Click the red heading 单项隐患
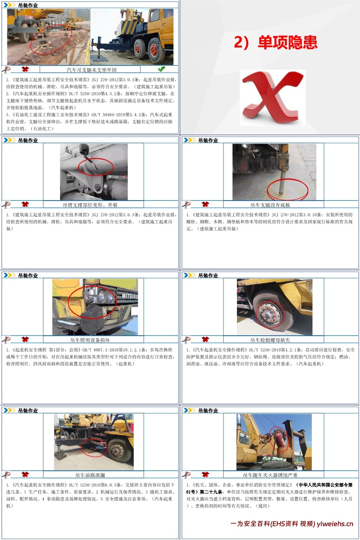point(288,43)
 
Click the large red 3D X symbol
point(273,97)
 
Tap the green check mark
point(161,69)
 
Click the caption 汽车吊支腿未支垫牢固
point(91,70)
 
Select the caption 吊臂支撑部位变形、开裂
point(90,205)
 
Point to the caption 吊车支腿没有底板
point(270,205)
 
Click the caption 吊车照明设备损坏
point(90,340)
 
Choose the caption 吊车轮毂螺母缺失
point(270,340)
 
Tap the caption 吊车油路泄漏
point(90,475)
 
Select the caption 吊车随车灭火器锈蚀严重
point(270,475)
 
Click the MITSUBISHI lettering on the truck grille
point(130,296)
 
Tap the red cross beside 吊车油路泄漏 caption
point(25,474)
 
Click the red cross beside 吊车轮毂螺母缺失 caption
point(205,339)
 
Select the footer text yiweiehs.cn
point(335,524)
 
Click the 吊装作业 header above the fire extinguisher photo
point(208,410)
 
